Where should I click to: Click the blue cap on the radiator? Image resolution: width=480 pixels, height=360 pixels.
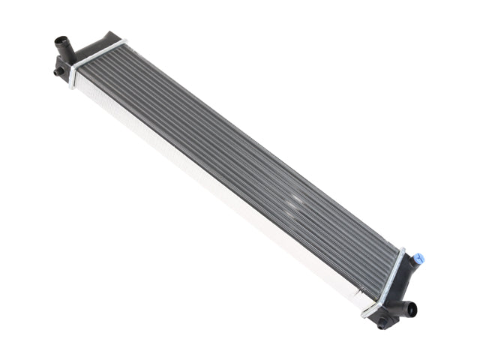tap(418, 259)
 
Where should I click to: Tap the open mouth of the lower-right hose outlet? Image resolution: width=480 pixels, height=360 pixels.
tap(412, 309)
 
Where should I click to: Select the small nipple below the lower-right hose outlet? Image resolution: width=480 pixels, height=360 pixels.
tap(383, 324)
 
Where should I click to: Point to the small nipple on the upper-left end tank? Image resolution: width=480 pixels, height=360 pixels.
tap(58, 72)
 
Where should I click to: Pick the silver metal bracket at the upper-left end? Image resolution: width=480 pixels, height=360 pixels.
tap(96, 58)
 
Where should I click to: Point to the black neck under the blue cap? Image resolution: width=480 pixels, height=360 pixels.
tap(412, 265)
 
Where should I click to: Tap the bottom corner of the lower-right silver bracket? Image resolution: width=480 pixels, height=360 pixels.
tap(365, 313)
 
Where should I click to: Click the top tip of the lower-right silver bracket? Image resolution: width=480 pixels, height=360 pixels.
tap(403, 250)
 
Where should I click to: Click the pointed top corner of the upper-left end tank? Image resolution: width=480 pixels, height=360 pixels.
tap(112, 33)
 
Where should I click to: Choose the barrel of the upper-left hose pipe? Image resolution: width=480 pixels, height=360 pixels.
tap(64, 52)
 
